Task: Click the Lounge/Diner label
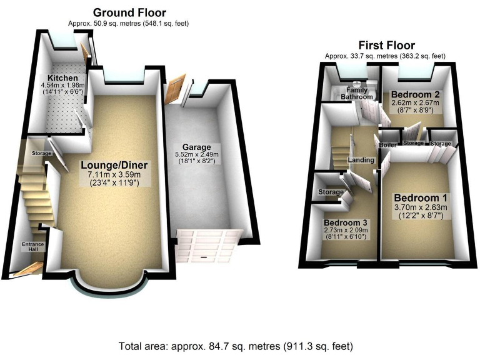click(114, 165)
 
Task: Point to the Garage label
click(197, 147)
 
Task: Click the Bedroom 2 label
click(416, 94)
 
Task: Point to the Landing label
click(362, 160)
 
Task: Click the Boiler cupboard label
click(387, 145)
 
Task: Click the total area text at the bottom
click(239, 346)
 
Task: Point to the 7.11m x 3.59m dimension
click(114, 176)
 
